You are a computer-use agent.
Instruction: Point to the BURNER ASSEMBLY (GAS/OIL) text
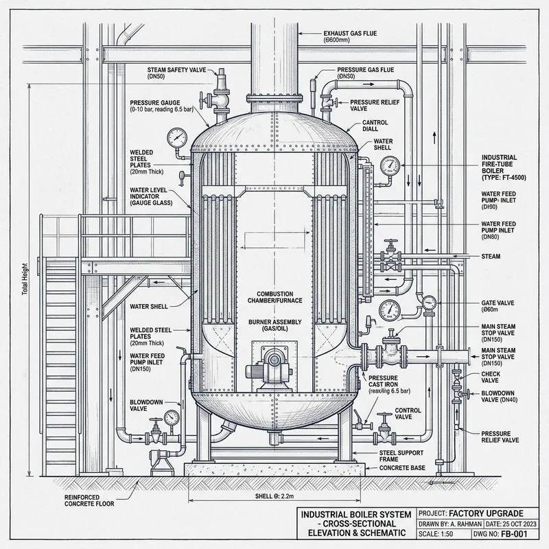(275, 325)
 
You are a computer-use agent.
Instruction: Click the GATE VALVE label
(497, 303)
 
